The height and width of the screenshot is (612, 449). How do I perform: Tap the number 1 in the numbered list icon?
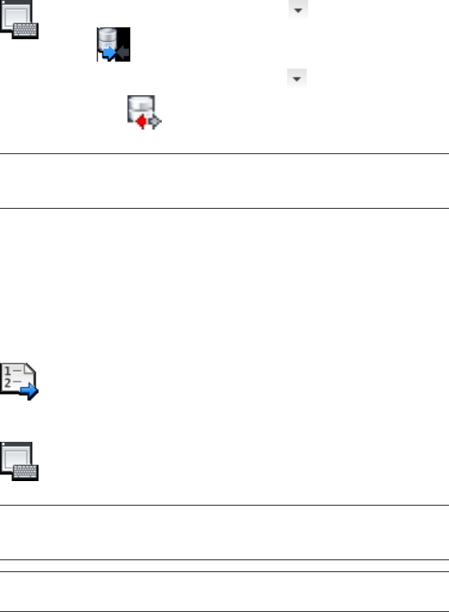pos(7,372)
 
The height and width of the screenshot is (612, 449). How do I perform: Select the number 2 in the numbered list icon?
pos(7,384)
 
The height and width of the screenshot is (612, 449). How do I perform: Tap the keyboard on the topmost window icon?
pos(27,30)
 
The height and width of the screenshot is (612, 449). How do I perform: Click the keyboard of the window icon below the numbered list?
pos(27,473)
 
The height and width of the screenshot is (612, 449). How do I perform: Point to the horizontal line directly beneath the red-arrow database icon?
pos(224,153)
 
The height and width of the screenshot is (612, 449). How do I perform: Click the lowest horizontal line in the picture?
pos(224,594)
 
